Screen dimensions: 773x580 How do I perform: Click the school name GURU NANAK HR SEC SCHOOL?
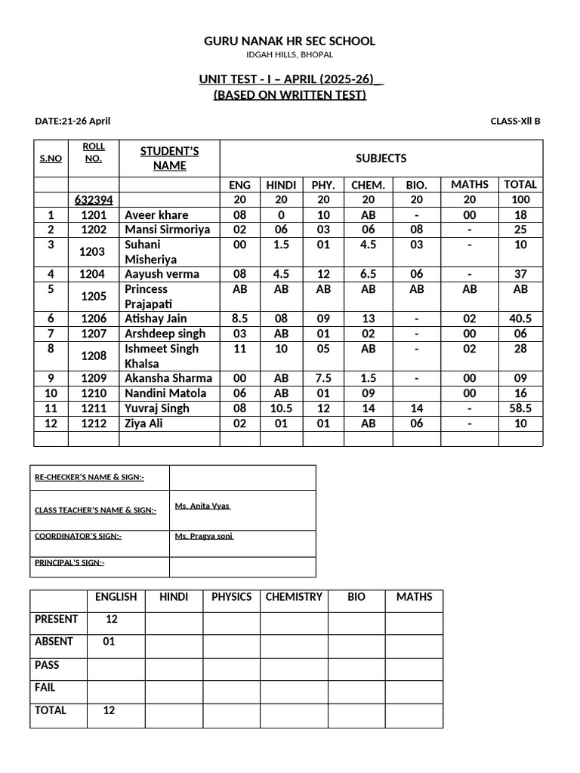(x=289, y=41)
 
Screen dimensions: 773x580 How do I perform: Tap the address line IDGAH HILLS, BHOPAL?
(x=289, y=55)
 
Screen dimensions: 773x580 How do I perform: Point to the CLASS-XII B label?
(x=515, y=121)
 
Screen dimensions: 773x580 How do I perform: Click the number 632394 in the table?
(x=94, y=200)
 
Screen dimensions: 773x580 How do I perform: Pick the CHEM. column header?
(x=368, y=185)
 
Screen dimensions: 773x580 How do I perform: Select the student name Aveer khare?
(x=156, y=215)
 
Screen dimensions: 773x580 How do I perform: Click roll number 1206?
(x=94, y=319)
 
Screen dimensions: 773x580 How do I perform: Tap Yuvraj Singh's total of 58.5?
(x=520, y=408)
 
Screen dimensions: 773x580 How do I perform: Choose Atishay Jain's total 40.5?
(x=520, y=319)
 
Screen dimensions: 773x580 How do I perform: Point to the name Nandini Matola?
(x=165, y=393)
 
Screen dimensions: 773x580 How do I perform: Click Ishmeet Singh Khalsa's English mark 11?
(x=240, y=349)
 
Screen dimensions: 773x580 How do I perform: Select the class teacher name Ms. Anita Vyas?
(x=202, y=506)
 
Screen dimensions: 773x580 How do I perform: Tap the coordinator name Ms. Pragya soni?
(x=204, y=536)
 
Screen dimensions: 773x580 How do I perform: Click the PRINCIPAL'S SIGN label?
(x=69, y=562)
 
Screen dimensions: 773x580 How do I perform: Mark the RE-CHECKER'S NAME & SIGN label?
(x=89, y=477)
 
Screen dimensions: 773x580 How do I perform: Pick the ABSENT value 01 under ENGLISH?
(x=110, y=642)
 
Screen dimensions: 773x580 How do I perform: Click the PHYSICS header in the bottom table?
(x=231, y=597)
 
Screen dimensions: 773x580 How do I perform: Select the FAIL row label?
(x=45, y=688)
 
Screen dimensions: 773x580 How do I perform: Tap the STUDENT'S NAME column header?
(x=169, y=159)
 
